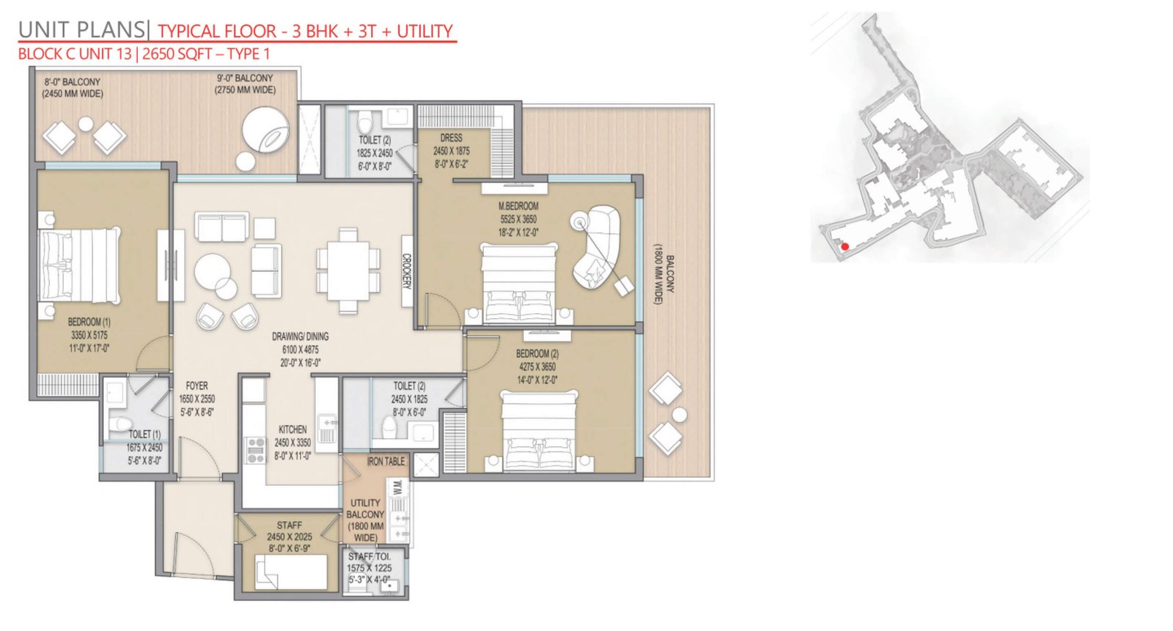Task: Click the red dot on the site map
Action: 845,247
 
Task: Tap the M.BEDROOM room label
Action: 518,207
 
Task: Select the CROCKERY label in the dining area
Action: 407,271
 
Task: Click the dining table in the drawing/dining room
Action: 348,270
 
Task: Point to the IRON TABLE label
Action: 386,461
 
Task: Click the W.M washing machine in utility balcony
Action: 397,487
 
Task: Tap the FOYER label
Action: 197,386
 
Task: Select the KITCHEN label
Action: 293,429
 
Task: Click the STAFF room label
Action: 290,525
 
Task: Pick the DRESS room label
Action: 452,138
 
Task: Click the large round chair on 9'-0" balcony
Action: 265,130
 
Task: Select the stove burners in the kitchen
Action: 256,450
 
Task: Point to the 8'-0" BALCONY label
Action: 73,82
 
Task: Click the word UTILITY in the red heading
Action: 424,32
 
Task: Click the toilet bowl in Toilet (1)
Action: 121,423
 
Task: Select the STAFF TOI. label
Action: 369,557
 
